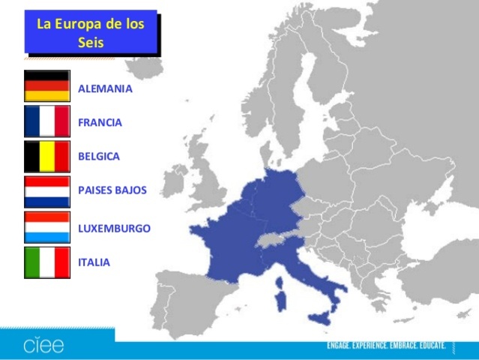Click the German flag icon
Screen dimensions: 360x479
tap(46, 86)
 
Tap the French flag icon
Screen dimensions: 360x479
tap(46, 121)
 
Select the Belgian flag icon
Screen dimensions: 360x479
tap(46, 157)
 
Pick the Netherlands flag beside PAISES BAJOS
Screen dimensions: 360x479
tap(46, 192)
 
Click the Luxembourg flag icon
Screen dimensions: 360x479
tap(46, 227)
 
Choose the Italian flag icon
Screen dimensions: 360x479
tap(46, 262)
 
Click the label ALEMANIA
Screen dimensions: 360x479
tap(105, 88)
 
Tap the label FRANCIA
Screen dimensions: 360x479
tap(100, 122)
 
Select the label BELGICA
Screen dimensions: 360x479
tap(99, 157)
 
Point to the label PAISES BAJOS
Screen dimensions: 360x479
tap(112, 191)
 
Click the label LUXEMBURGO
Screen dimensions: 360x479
tap(114, 228)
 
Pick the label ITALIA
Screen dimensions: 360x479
tap(94, 262)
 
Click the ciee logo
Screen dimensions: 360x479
tap(43, 346)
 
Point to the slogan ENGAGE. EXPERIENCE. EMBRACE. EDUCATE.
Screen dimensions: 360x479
tap(386, 346)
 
